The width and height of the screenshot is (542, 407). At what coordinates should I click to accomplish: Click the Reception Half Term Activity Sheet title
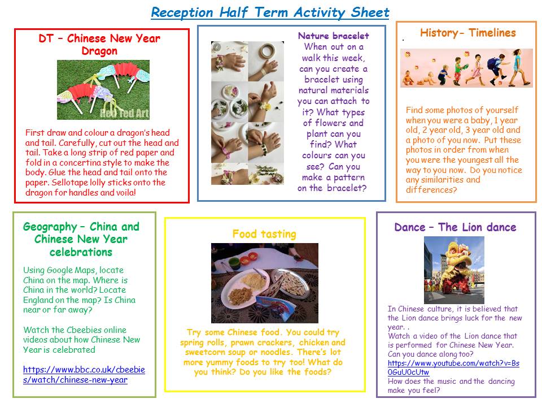point(270,12)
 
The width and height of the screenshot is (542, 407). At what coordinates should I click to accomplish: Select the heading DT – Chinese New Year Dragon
point(99,44)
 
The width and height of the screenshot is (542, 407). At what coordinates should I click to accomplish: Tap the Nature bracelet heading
point(334,36)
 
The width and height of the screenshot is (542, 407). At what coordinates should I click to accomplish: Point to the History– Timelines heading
point(467,33)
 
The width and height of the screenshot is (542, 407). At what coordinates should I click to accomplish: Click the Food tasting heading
point(264,234)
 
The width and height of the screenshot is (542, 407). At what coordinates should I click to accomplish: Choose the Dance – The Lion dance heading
point(455,227)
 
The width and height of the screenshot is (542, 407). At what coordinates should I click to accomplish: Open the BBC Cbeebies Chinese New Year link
point(84,374)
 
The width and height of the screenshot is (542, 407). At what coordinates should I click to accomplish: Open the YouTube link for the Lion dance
point(453,367)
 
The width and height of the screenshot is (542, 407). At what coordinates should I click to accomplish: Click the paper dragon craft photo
point(103,90)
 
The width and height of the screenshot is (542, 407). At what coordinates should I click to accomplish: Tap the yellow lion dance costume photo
point(454,270)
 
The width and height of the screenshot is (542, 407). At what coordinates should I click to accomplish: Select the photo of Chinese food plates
point(265,283)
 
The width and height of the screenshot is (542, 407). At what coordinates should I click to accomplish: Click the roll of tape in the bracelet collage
point(267,51)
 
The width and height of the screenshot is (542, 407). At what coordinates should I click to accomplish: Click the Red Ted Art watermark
point(124,113)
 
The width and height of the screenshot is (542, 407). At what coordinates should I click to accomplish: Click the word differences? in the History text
point(431,190)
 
